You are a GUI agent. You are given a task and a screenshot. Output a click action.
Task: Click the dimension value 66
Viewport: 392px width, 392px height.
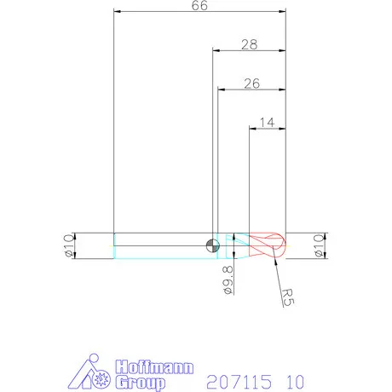199,5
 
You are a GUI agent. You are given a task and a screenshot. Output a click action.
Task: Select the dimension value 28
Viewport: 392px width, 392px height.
250,44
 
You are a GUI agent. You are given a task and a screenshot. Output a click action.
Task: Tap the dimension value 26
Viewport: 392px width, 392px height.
252,84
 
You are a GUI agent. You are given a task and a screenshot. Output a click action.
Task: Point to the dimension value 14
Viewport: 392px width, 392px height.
267,123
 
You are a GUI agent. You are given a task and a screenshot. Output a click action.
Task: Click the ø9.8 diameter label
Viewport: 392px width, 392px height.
228,280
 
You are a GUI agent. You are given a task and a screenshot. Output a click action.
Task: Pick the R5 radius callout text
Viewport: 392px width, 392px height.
288,297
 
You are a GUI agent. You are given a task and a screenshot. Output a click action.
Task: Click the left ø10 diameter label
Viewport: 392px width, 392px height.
69,245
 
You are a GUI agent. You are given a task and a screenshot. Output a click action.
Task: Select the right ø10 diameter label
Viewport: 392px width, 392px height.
319,245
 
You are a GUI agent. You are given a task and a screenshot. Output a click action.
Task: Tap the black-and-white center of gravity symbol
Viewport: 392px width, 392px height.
213,245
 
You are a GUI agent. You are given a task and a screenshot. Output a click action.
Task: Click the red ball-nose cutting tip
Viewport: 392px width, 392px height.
268,245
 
